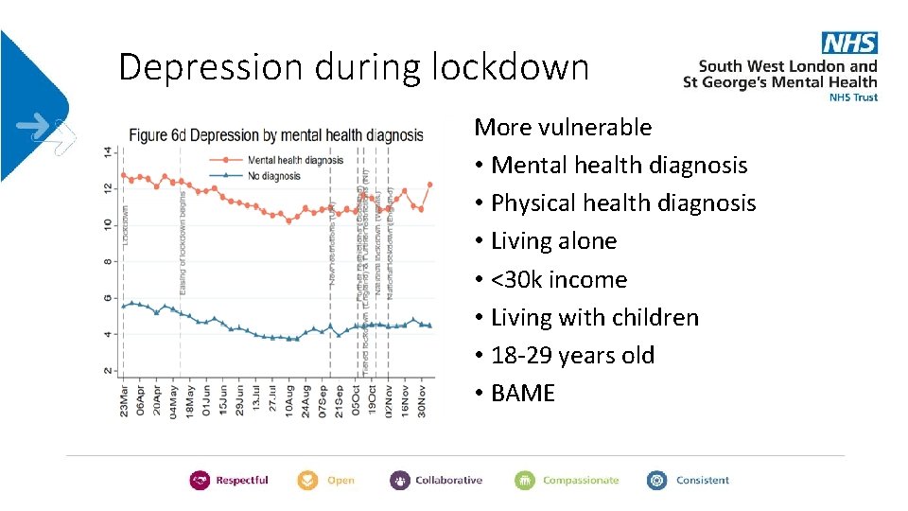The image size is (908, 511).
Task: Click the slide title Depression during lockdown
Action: tap(354, 67)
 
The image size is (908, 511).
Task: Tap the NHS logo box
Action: tap(849, 43)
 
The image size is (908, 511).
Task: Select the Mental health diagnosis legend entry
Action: tap(294, 160)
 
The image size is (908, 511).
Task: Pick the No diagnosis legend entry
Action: tap(273, 175)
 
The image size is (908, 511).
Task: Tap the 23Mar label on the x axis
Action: tap(126, 399)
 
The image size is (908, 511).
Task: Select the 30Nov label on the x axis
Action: tap(423, 399)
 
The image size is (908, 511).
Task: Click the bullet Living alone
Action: tap(553, 241)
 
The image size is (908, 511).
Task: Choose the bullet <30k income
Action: tap(559, 279)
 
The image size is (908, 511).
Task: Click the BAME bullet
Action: tap(523, 394)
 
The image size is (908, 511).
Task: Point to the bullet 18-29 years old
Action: tap(572, 356)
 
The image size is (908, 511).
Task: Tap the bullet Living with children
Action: tap(594, 317)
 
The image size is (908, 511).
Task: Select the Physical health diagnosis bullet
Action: tap(623, 203)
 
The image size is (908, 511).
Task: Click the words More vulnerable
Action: tap(563, 127)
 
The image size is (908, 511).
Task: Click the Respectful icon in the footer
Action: tap(200, 481)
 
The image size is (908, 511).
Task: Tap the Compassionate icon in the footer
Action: tap(525, 481)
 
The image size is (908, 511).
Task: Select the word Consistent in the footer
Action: tap(702, 481)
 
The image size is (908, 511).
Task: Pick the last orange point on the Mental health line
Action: tap(429, 185)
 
